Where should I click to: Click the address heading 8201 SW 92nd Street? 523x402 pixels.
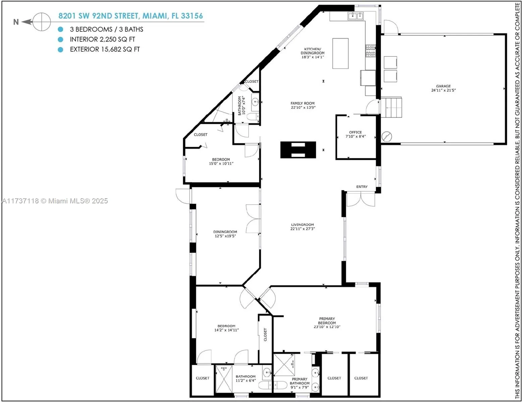point(130,16)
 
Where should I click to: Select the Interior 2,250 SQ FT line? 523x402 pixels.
point(102,39)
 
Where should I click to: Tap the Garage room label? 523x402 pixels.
point(443,88)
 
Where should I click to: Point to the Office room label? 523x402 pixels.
point(355,134)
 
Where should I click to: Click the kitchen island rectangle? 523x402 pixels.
point(340,53)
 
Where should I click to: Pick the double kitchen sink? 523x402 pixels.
point(356,16)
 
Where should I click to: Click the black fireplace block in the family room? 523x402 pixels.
point(298,150)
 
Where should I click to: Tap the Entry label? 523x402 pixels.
point(362,187)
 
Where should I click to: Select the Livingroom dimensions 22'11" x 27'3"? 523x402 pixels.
point(302,229)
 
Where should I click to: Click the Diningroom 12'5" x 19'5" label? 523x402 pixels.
point(225,234)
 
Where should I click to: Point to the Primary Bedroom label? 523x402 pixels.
point(326,323)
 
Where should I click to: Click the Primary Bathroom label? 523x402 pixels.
point(299,383)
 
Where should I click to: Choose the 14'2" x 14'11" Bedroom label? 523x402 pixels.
point(226,328)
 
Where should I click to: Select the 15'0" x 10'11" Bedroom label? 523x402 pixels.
point(221,161)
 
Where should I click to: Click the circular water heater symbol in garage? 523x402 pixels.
point(387,136)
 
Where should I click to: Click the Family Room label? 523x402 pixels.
point(303,105)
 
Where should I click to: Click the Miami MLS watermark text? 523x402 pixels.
point(55,201)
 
